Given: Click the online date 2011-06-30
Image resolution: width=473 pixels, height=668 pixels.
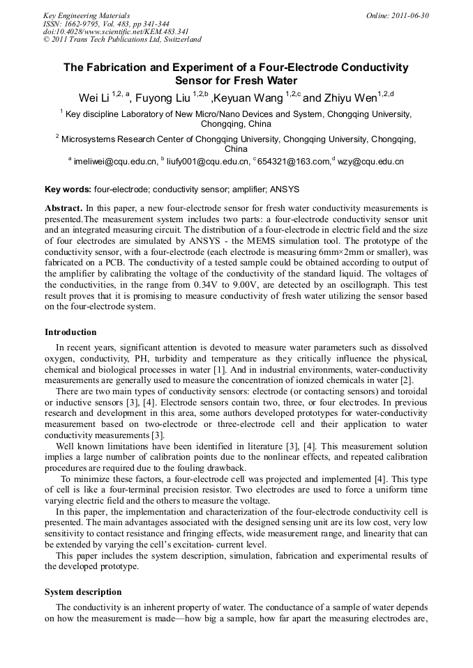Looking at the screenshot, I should [407, 15].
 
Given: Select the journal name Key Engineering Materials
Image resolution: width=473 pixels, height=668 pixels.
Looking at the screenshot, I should [87, 15].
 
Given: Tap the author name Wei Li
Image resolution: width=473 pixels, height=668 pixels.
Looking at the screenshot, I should [93, 97].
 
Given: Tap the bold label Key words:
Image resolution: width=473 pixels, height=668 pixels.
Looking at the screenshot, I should [68, 189].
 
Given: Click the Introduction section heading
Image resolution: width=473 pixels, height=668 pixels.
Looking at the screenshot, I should [70, 332].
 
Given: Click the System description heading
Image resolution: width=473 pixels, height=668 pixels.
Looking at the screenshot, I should [83, 591].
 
